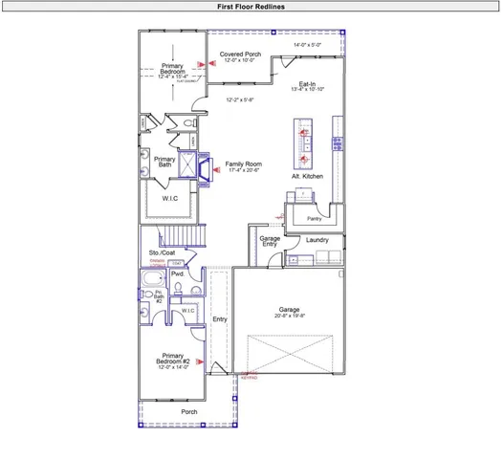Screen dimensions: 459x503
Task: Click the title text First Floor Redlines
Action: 251,6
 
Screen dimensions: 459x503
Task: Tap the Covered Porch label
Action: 240,55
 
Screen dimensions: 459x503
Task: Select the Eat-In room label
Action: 308,83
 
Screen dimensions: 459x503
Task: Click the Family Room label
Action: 244,164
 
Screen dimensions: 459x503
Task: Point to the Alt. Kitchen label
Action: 307,177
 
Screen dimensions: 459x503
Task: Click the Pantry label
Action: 315,219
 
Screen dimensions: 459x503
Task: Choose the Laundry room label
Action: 317,239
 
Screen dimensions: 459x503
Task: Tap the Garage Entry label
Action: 270,241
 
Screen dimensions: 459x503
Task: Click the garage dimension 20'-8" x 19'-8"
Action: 290,315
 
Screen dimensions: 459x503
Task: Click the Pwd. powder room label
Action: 178,273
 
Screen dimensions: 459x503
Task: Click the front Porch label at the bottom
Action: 189,412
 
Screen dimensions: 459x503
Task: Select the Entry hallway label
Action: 219,319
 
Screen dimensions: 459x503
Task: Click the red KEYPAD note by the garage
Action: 249,377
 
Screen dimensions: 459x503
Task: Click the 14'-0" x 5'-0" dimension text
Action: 308,45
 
